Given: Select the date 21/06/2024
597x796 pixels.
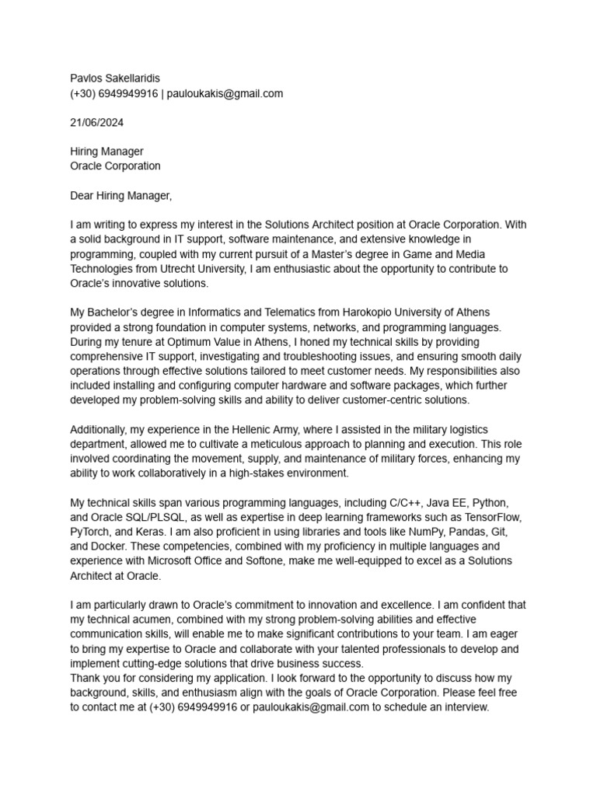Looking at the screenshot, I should click(x=96, y=122).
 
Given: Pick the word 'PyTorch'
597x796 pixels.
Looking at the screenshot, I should click(x=91, y=532).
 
